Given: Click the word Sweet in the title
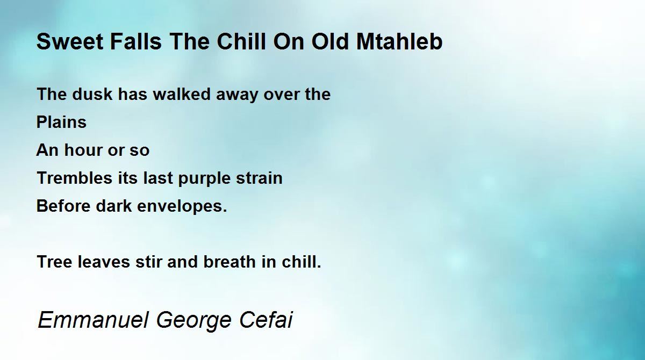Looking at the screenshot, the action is (70, 41).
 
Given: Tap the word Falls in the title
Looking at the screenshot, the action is (135, 41).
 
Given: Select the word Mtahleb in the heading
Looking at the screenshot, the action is (399, 41).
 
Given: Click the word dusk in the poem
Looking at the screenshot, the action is (92, 94).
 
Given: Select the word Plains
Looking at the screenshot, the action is (61, 123).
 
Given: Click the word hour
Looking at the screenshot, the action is (83, 150).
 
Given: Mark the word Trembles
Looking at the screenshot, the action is (75, 178).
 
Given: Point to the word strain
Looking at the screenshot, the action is (259, 178).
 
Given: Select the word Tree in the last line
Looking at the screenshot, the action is (54, 262).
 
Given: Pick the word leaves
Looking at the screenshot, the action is (104, 262).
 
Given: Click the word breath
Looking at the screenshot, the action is (230, 262).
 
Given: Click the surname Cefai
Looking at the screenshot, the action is (266, 319).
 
